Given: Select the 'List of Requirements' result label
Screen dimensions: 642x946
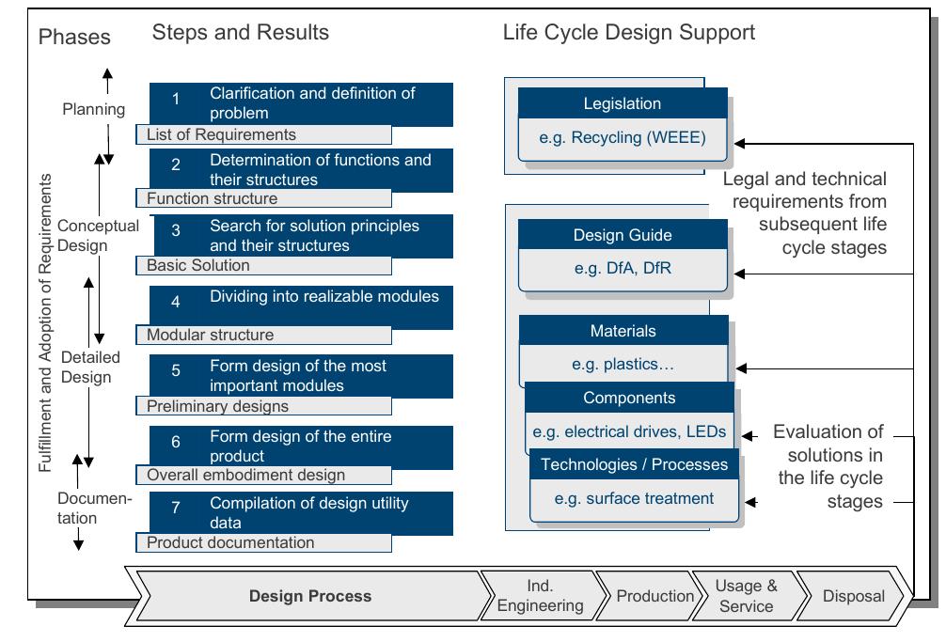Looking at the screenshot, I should click(x=222, y=135).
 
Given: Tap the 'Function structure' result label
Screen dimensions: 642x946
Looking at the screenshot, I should click(x=213, y=199).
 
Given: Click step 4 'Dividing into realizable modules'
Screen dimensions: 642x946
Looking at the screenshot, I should click(x=323, y=297).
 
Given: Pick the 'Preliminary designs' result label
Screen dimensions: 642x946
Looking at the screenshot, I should click(x=218, y=407).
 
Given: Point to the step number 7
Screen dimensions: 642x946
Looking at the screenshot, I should click(x=175, y=512).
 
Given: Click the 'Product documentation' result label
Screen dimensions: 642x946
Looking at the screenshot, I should click(x=231, y=543).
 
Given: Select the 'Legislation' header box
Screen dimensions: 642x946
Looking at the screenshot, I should click(x=622, y=104).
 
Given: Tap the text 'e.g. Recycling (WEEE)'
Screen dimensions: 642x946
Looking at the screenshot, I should click(x=622, y=138).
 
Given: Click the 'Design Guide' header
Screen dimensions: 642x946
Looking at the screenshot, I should click(x=622, y=236).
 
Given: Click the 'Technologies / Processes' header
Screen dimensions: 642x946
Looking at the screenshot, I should click(x=634, y=464).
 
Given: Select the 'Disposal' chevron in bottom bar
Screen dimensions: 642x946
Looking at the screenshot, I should click(x=853, y=596).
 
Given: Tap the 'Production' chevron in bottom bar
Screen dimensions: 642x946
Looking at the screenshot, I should click(x=654, y=596).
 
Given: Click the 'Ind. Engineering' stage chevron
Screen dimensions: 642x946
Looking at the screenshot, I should click(x=540, y=596).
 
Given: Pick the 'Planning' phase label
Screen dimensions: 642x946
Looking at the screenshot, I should click(x=94, y=109).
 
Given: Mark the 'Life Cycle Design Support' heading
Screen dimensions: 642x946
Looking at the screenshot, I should click(x=628, y=33).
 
